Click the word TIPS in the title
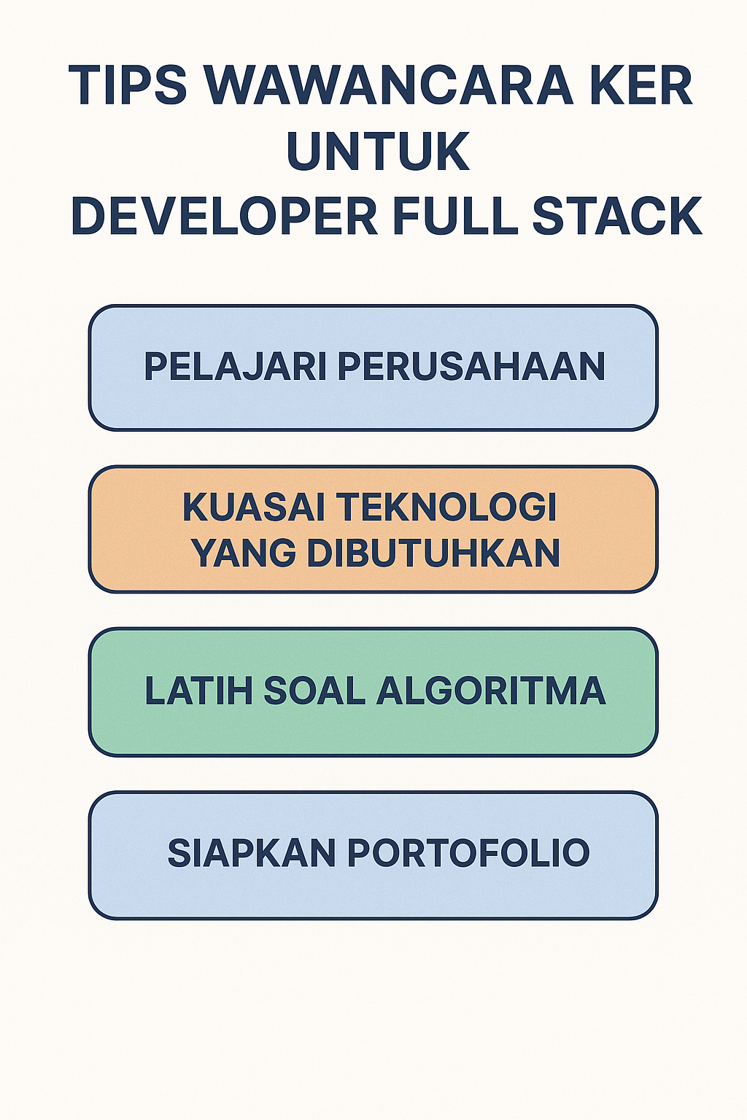(128, 86)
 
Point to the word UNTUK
(378, 152)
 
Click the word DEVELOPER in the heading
(224, 217)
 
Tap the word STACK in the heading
(617, 217)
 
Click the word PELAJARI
(235, 366)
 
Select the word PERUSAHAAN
(471, 366)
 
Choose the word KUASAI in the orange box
(253, 507)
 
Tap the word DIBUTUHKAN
(433, 553)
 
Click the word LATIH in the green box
(198, 691)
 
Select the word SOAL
(314, 691)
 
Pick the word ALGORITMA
(491, 691)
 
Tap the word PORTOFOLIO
(468, 852)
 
